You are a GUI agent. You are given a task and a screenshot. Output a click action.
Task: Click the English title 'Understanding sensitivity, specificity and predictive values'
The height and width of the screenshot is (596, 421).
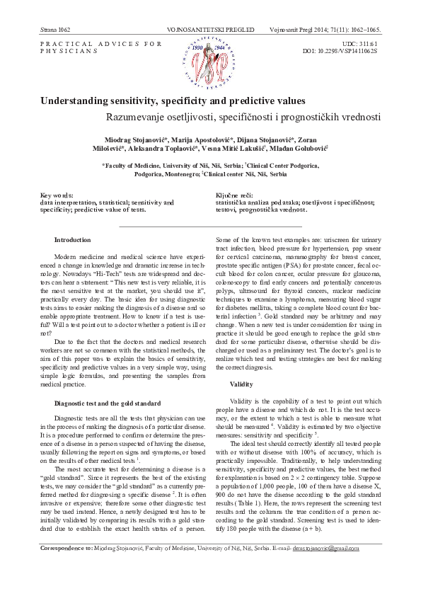[x=173, y=101]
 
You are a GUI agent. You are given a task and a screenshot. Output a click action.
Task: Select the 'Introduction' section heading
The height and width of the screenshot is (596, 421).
[x=72, y=241]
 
